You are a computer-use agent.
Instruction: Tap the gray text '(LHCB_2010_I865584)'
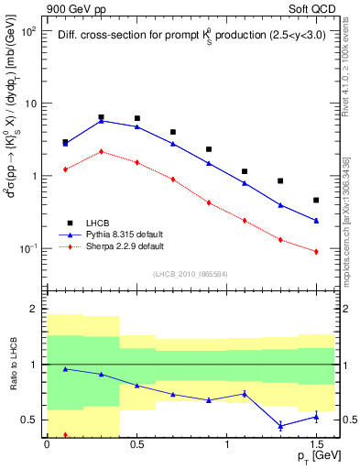coord(191,273)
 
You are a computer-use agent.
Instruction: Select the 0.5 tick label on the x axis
coord(136,443)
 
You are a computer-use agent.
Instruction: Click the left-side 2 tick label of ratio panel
coord(35,310)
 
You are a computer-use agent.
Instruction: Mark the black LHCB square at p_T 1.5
coord(316,200)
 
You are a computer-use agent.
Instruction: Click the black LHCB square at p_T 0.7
coord(172,132)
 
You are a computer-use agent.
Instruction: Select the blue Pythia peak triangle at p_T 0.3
coord(101,120)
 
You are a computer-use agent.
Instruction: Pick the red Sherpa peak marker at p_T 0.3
coord(101,151)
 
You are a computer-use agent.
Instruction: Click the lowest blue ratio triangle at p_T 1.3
coord(280,426)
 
